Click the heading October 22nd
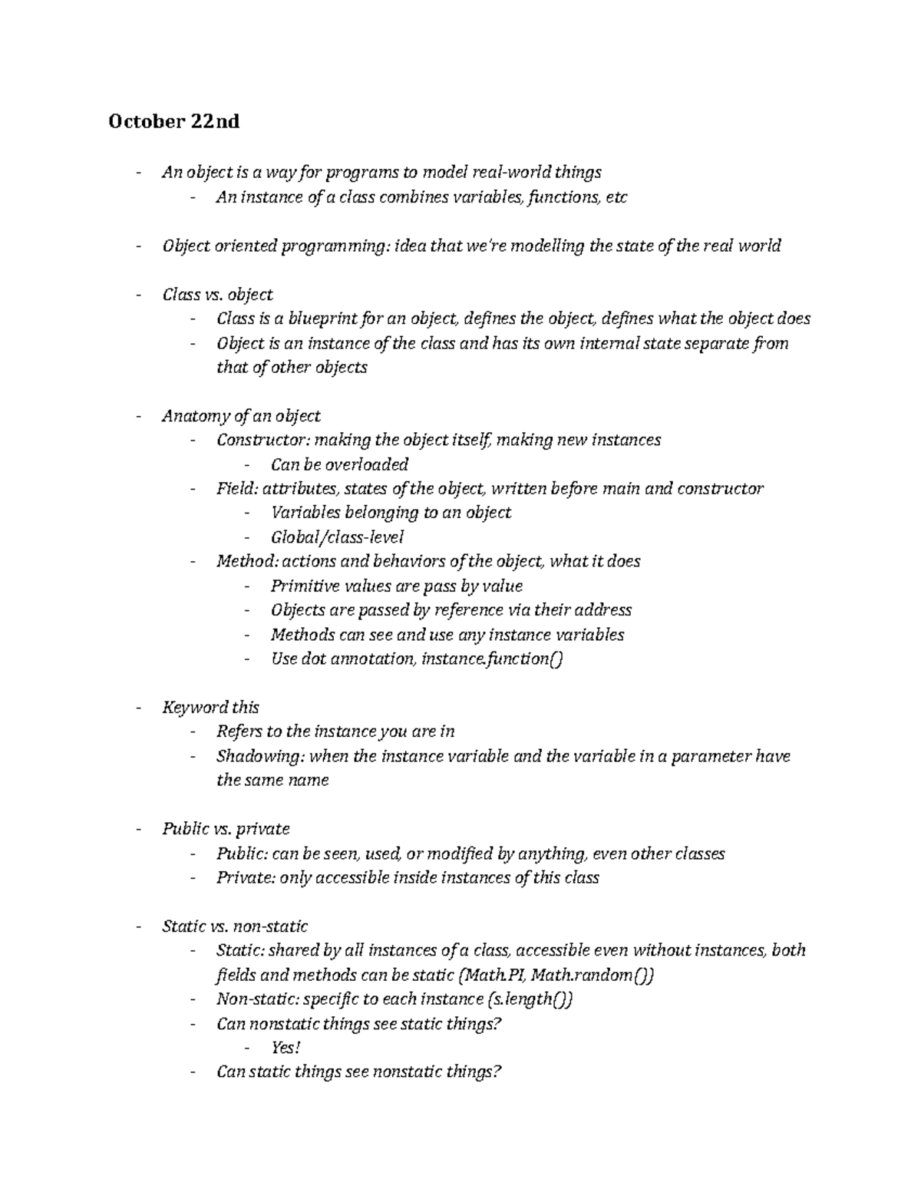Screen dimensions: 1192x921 173,121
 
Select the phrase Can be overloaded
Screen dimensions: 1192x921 339,464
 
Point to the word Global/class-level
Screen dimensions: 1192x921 337,537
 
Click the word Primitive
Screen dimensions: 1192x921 302,586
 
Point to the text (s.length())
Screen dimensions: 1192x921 530,999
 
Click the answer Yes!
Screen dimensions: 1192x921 286,1048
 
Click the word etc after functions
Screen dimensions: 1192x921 616,197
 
